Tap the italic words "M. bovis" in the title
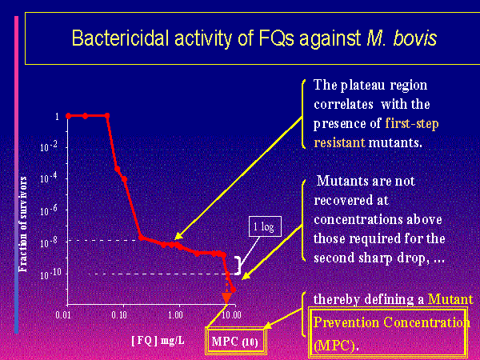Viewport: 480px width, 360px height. pyautogui.click(x=402, y=38)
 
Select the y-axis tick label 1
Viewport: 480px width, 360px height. pyautogui.click(x=57, y=116)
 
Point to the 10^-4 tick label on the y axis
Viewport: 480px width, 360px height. pyautogui.click(x=49, y=178)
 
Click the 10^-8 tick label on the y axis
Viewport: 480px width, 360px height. pyautogui.click(x=49, y=242)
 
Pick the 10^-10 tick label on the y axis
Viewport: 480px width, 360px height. pyautogui.click(x=49, y=274)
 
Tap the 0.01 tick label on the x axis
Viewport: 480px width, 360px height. pyautogui.click(x=63, y=314)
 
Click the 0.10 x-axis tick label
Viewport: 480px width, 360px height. pyautogui.click(x=119, y=314)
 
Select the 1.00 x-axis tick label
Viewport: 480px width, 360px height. pyautogui.click(x=175, y=314)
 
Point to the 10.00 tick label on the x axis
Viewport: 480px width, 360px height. pyautogui.click(x=231, y=314)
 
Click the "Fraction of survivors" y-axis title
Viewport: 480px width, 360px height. pyautogui.click(x=23, y=224)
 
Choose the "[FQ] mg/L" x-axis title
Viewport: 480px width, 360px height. pyautogui.click(x=158, y=341)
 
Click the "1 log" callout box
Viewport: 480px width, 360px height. pyautogui.click(x=265, y=226)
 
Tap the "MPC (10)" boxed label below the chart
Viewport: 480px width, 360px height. pyautogui.click(x=234, y=342)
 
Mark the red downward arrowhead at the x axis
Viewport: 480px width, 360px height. pyautogui.click(x=226, y=298)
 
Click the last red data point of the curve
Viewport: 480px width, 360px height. pyautogui.click(x=234, y=290)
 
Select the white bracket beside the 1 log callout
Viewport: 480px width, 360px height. pyautogui.click(x=238, y=266)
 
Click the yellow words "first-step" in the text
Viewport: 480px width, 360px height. pyautogui.click(x=412, y=124)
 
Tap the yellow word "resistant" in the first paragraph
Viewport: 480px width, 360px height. pyautogui.click(x=339, y=142)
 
